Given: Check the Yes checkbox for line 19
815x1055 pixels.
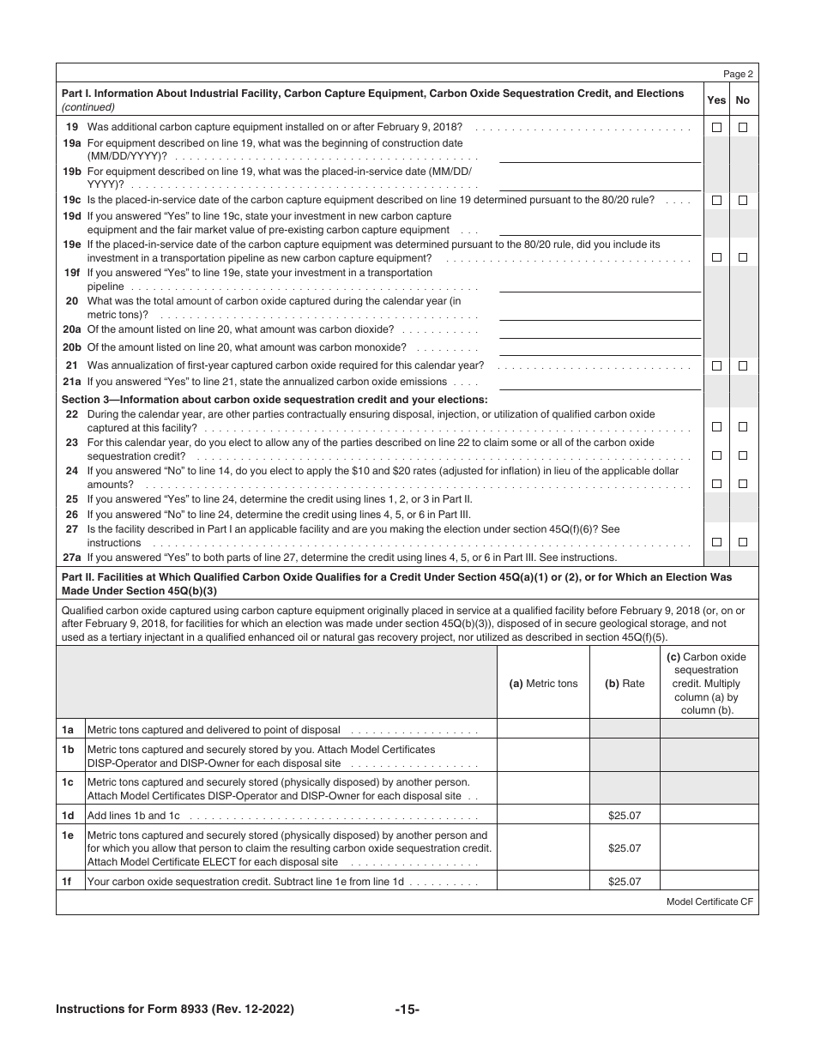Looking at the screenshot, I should tap(716, 128).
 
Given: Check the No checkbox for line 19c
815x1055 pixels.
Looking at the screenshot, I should tap(743, 200).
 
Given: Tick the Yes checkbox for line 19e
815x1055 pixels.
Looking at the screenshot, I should tap(716, 257).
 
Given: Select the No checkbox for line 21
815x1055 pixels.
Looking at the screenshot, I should tap(743, 365).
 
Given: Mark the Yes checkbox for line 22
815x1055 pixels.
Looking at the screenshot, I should tap(716, 427).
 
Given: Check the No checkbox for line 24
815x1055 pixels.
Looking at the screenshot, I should tap(743, 484).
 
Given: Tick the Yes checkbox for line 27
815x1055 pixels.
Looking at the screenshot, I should tap(716, 542).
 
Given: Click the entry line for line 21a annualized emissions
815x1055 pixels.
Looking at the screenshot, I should tap(600, 383).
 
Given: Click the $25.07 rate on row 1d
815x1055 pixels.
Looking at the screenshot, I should tap(624, 816).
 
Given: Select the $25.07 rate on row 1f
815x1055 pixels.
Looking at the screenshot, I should tap(624, 881).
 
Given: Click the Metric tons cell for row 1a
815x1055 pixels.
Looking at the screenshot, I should tap(543, 730).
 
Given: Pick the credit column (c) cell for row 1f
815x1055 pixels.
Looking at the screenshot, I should tap(708, 881).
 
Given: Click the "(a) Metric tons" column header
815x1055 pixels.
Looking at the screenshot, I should tap(543, 684).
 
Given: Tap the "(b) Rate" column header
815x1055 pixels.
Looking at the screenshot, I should tap(624, 684).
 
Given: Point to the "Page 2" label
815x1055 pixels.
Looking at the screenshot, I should tap(737, 75).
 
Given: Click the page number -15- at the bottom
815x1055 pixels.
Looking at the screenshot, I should tap(407, 1010).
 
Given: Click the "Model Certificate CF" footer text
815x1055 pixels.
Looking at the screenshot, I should tap(709, 901).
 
